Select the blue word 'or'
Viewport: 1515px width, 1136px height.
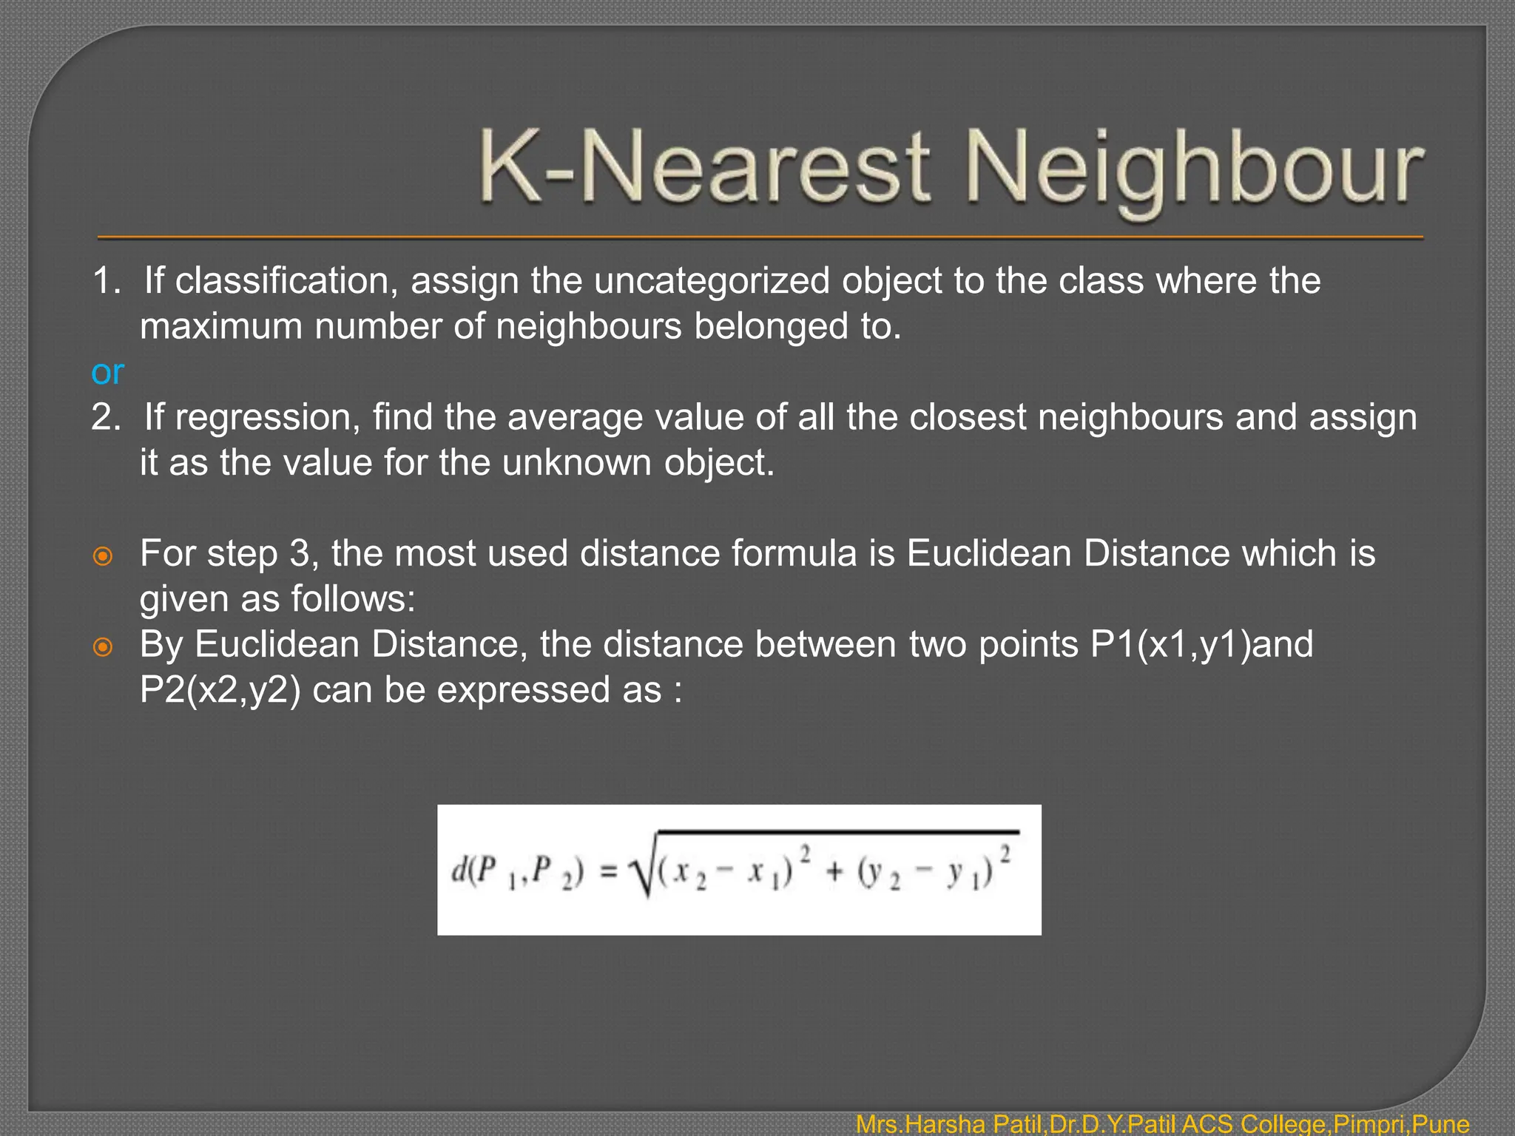pos(107,372)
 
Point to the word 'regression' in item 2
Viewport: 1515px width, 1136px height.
pos(269,418)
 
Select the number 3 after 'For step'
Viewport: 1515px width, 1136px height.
pos(300,554)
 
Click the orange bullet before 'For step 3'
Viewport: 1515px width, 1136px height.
pos(103,556)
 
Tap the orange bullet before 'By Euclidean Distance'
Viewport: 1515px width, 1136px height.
pos(103,647)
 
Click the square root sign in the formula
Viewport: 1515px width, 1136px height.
pos(641,873)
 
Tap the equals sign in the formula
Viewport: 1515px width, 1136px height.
pos(608,873)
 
